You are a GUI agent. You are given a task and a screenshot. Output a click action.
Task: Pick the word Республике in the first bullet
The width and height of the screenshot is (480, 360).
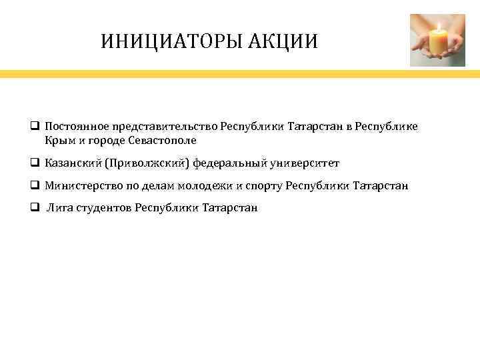coord(390,127)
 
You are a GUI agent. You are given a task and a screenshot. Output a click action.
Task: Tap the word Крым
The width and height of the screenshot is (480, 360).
coord(57,141)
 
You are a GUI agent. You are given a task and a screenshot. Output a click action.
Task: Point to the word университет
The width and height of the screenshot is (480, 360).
coord(305,163)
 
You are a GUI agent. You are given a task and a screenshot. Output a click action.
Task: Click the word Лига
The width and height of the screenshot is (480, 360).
coord(57,207)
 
